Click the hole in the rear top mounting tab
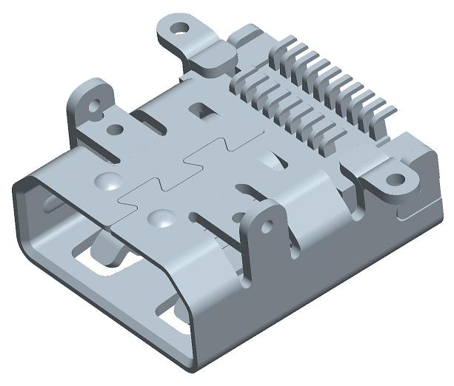point(178,31)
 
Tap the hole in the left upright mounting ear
point(94,105)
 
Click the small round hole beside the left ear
point(115,130)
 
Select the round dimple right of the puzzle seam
point(161,218)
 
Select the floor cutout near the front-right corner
point(178,318)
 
